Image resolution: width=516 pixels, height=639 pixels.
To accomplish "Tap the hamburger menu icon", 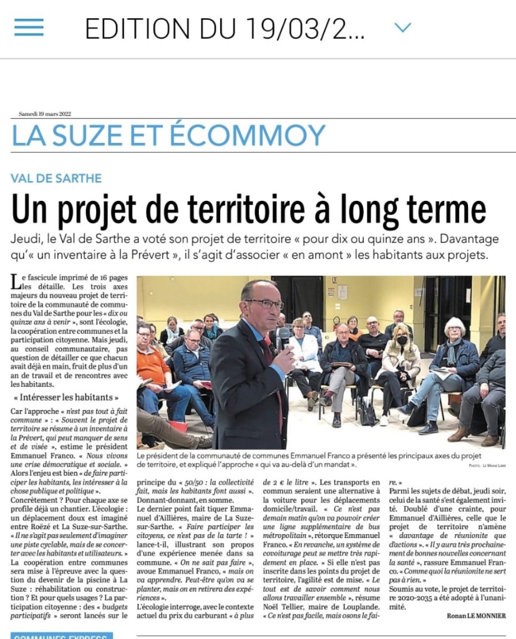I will pos(29,27).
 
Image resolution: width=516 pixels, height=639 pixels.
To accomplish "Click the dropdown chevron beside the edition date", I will pos(403,27).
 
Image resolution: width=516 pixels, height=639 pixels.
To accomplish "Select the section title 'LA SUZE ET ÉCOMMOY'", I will pos(168,135).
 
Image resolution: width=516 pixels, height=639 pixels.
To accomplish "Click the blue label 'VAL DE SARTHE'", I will pos(56,178).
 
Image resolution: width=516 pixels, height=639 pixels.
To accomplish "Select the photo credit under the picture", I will pos(485,466).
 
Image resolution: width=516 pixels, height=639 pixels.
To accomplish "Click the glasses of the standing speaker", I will pos(265,303).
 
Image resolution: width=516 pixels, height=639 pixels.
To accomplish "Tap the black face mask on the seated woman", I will pos(402,340).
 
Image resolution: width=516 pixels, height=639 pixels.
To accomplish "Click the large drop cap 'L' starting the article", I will pos(15,282).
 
